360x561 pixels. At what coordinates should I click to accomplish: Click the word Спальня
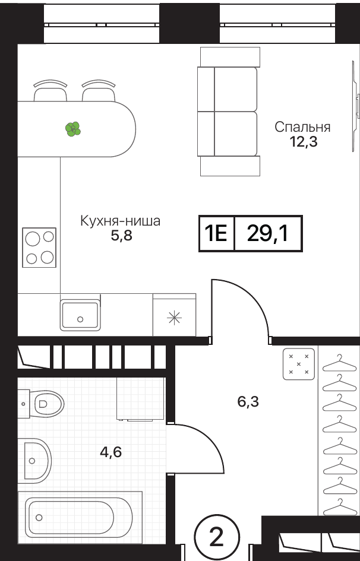(x=302, y=128)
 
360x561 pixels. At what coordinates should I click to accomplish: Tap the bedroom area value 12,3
(x=304, y=142)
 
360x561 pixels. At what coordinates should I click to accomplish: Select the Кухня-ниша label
(x=120, y=221)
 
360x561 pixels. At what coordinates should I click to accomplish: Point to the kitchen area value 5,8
(x=121, y=236)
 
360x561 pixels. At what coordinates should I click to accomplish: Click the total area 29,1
(x=268, y=234)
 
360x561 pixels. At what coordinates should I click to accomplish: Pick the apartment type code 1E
(x=216, y=234)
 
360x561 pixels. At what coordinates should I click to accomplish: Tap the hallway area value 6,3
(x=248, y=402)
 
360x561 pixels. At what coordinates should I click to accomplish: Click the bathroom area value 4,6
(x=111, y=452)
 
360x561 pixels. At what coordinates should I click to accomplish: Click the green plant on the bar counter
(x=73, y=129)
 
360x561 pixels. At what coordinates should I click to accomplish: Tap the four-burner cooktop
(x=39, y=247)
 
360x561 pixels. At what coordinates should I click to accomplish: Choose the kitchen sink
(x=80, y=315)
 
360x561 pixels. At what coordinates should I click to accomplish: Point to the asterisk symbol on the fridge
(x=175, y=317)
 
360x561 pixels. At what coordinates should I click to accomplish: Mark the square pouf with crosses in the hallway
(x=299, y=364)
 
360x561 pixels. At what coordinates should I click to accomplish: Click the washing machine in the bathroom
(x=140, y=399)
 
